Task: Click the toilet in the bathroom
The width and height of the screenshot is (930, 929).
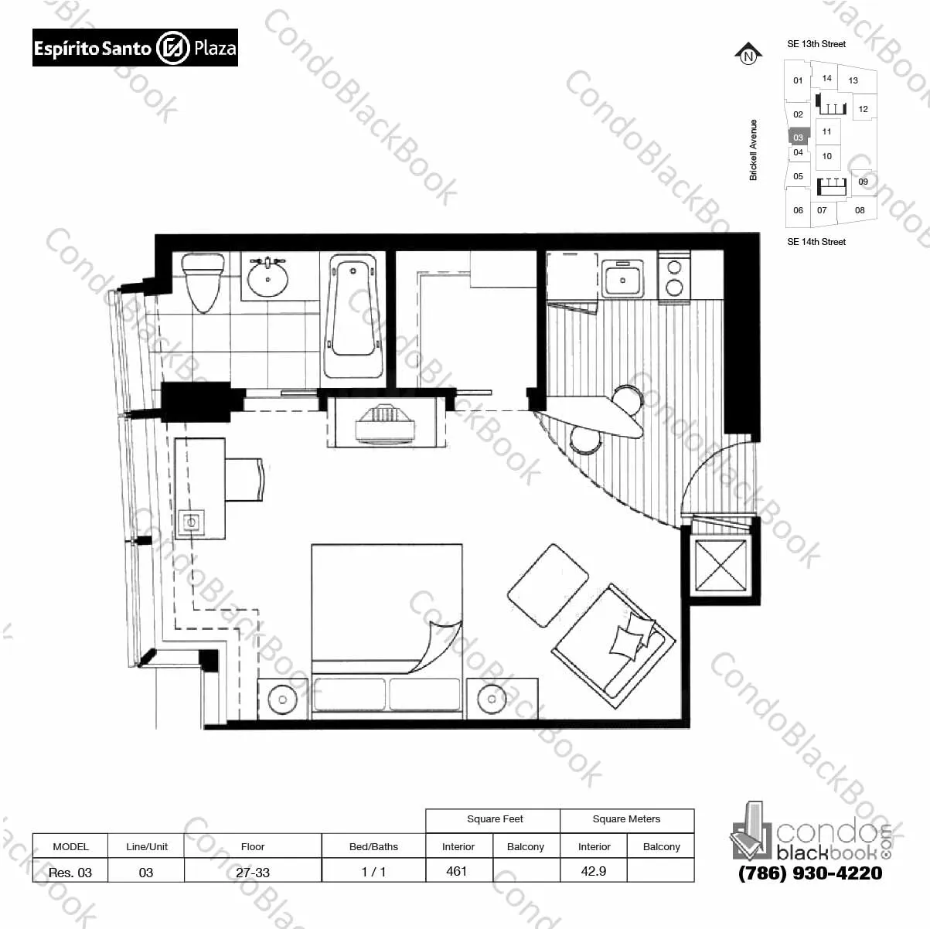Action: coord(203,282)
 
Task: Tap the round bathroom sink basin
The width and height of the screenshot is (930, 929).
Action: coord(267,277)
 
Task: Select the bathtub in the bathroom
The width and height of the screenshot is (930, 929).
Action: coord(353,317)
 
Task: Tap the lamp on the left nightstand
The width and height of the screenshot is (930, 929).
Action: coord(282,699)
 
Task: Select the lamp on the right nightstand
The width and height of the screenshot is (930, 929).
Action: coord(492,699)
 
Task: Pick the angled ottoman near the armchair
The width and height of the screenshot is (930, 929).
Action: coord(548,585)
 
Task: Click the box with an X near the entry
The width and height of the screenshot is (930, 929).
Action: coord(720,565)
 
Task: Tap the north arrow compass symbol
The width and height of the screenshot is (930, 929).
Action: coord(748,54)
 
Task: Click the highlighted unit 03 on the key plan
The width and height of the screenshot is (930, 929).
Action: coord(799,137)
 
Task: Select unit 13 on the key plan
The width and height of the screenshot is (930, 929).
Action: coord(853,80)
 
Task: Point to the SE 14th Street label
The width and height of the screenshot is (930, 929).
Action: coord(816,242)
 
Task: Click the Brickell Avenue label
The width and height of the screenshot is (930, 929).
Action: coord(754,150)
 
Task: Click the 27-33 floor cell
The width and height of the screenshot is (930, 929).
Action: coord(253,872)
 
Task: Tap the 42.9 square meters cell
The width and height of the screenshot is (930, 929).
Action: coord(594,871)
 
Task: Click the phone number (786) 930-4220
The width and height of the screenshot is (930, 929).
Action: coord(810,873)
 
